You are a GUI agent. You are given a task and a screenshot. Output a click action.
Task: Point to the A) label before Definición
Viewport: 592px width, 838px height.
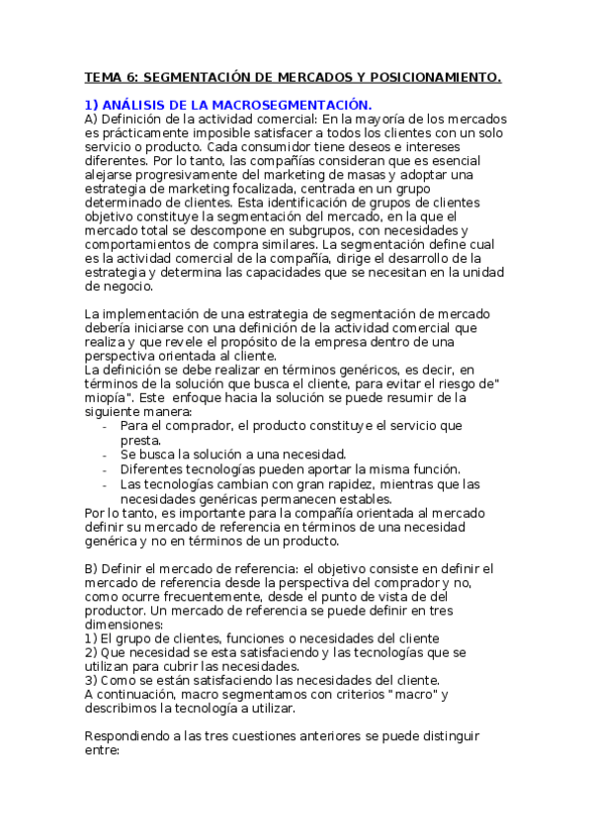[x=92, y=119]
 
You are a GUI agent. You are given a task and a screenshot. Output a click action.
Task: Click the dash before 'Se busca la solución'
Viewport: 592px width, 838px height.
[x=106, y=455]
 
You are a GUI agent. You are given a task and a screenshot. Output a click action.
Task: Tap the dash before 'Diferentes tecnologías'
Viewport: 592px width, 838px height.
[x=106, y=469]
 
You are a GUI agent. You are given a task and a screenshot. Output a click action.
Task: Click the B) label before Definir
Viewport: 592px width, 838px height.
[x=92, y=568]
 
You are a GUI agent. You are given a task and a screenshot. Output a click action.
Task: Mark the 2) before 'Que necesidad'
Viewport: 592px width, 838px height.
[x=91, y=652]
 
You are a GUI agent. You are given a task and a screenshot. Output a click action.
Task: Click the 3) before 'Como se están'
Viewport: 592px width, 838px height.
[x=91, y=680]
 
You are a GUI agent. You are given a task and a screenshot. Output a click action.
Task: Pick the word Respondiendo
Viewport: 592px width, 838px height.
[x=132, y=737]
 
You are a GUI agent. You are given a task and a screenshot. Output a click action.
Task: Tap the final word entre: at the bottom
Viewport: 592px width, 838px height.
[x=102, y=751]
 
